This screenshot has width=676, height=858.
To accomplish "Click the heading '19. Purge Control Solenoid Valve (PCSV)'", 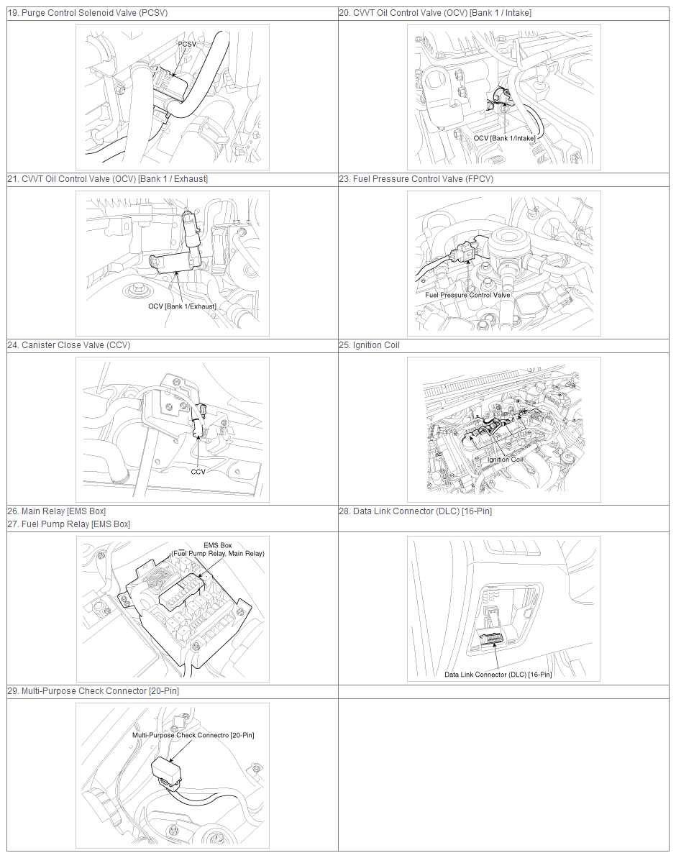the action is [88, 12].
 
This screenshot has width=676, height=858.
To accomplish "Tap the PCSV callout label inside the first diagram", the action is [187, 44].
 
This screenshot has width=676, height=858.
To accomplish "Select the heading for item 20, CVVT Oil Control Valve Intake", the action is [435, 12].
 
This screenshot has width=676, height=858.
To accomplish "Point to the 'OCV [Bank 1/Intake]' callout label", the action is [504, 138].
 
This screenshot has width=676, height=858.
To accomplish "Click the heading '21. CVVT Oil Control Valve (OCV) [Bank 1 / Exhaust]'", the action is [108, 179].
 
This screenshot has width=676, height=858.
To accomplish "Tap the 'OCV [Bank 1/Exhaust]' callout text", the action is [182, 306].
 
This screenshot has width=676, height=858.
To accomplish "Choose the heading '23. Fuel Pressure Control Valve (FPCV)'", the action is [416, 179].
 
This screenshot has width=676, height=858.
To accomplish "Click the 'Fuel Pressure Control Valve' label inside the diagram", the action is [467, 295].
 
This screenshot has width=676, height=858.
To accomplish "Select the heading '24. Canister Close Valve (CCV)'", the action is [69, 345].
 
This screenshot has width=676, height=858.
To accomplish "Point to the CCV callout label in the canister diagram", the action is [198, 472].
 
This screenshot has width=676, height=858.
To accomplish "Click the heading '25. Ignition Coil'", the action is [370, 345].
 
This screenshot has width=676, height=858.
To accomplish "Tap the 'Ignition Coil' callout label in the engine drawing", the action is [506, 460].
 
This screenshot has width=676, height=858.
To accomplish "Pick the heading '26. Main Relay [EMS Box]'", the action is [57, 511].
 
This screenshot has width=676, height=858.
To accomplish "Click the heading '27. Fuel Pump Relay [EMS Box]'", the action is [69, 524].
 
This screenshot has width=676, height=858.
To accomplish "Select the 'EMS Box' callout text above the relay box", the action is [218, 545].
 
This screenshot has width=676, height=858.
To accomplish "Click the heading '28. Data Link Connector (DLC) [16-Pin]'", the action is [416, 511].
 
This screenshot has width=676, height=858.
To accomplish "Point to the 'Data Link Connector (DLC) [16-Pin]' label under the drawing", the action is [498, 674].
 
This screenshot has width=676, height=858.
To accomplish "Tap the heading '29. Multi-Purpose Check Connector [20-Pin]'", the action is [93, 691].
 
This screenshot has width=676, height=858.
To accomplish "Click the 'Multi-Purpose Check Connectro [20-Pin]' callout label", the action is [193, 735].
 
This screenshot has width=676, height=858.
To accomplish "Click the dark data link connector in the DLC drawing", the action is [492, 639].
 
